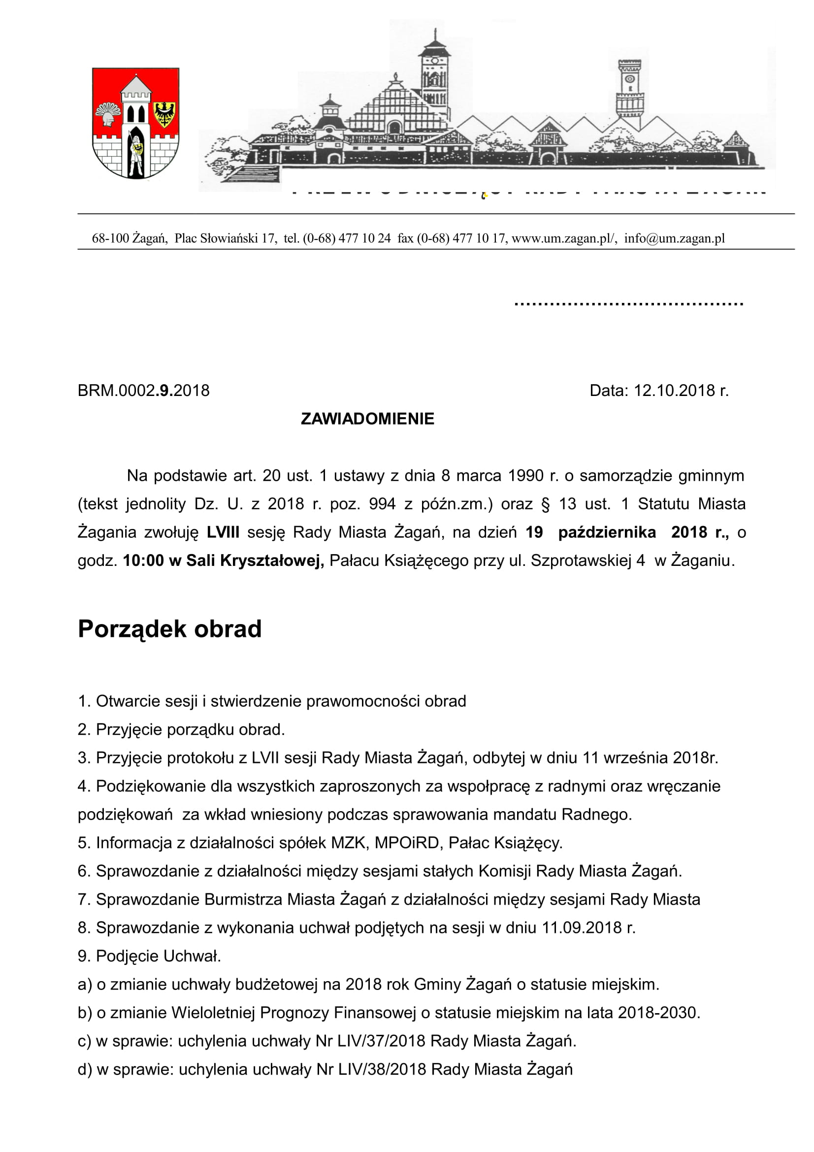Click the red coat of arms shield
(x=135, y=123)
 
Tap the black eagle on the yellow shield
(x=164, y=113)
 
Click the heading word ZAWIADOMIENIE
(x=367, y=419)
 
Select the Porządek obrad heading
(x=169, y=628)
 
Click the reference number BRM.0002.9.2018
(x=143, y=390)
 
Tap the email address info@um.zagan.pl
(x=674, y=238)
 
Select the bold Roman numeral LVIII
(x=223, y=532)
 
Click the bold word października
(x=607, y=532)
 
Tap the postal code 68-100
(x=110, y=238)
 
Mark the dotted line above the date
(x=628, y=303)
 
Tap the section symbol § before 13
(x=546, y=504)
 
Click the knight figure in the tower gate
(x=135, y=153)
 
